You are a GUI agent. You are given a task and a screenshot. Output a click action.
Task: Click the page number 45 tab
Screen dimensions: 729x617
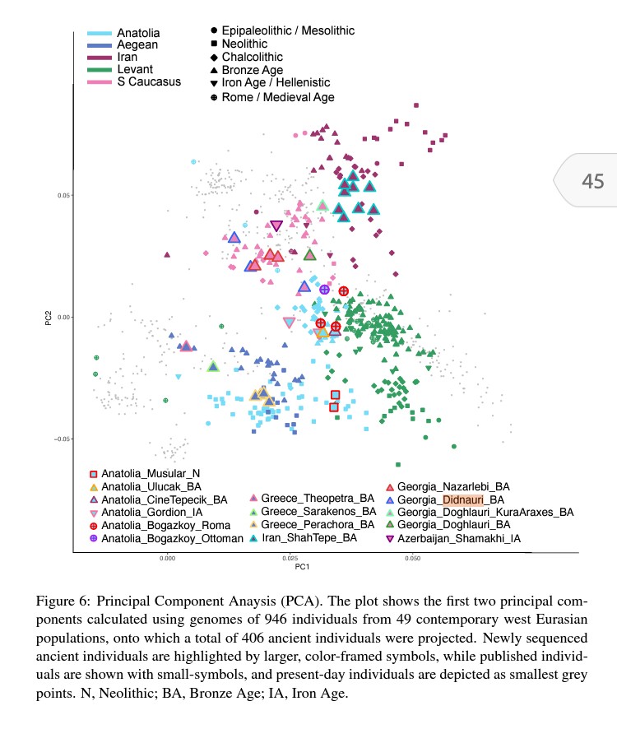pos(592,181)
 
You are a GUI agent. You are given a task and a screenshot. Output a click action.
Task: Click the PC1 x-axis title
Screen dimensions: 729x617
pos(301,568)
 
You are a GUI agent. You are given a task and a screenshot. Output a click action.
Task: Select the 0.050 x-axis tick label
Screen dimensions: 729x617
pos(412,558)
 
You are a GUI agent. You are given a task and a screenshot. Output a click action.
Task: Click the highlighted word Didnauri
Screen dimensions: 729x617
pos(464,499)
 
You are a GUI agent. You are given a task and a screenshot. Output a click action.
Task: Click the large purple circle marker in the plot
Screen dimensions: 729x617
pos(324,290)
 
